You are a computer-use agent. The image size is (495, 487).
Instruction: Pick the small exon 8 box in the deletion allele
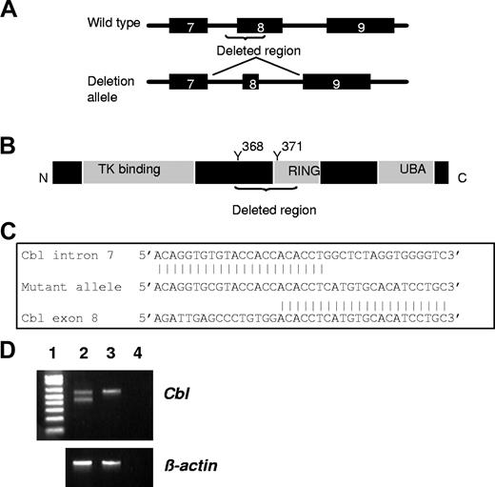(x=250, y=84)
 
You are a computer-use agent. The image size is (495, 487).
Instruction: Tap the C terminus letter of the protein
(x=462, y=177)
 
